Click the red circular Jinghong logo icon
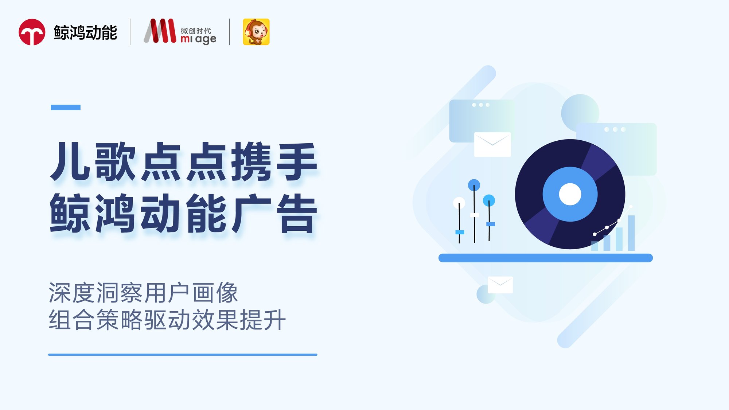coord(32,32)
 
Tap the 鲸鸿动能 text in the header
coord(85,32)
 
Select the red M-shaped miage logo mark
coord(160,31)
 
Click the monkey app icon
coord(256,32)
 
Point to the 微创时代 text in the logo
coord(196,31)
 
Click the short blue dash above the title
coord(66,107)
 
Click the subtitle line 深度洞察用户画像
coord(143,293)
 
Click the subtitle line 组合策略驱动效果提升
coord(167,320)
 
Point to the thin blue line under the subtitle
coord(183,355)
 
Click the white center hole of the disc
coord(570,194)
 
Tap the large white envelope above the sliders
coord(492,144)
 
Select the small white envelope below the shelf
coord(500,285)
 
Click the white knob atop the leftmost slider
coord(459,202)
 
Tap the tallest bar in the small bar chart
coord(631,233)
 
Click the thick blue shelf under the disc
coord(545,258)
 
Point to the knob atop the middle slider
coord(474,185)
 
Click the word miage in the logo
coord(198,39)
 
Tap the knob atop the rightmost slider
coord(489,200)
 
